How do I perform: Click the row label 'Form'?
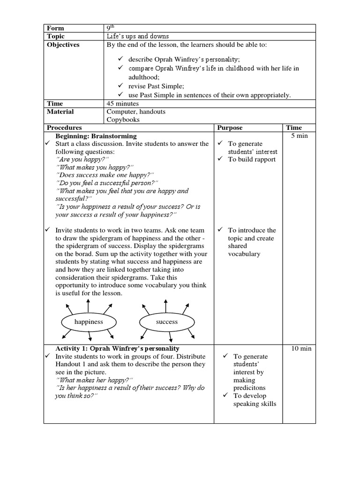point(55,28)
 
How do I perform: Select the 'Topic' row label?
point(56,37)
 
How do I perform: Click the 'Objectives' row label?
point(63,45)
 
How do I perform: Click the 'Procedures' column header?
point(64,127)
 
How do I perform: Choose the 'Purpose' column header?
point(230,127)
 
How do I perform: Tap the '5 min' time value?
point(304,136)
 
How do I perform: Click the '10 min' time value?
point(302,349)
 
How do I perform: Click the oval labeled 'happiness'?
point(89,322)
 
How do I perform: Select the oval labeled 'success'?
point(167,322)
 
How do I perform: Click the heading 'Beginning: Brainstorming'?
point(96,136)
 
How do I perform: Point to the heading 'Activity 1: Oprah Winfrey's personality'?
point(117,349)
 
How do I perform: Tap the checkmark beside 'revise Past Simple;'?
point(120,87)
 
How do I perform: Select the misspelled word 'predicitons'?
point(251,388)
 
